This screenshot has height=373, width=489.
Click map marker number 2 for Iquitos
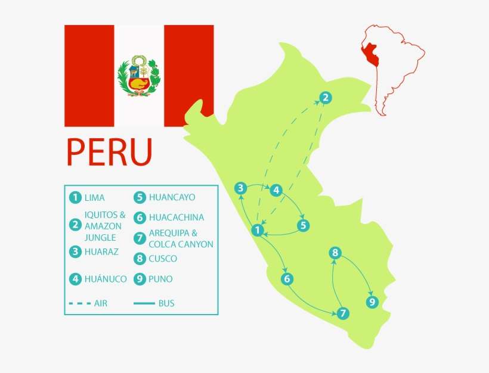[324, 98]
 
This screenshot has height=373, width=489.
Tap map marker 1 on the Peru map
[258, 230]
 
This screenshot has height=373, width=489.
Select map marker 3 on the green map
[240, 188]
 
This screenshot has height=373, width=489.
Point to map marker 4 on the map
[276, 190]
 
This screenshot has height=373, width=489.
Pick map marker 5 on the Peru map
[304, 225]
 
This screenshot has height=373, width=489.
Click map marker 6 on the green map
[287, 278]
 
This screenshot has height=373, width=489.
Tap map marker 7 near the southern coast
[342, 313]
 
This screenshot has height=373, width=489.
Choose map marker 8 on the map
[335, 253]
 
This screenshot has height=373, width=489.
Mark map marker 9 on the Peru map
[373, 303]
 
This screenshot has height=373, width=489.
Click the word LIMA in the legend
[95, 197]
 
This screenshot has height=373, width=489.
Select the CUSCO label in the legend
[163, 259]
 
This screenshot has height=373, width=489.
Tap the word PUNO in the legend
[161, 278]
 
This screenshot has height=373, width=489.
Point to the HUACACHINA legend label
[176, 217]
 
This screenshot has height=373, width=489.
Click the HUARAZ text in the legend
[101, 251]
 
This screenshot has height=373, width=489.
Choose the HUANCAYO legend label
[172, 197]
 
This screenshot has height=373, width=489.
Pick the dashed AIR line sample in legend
[79, 303]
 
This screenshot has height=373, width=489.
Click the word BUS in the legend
[166, 303]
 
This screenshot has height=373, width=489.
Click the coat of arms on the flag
[139, 76]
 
